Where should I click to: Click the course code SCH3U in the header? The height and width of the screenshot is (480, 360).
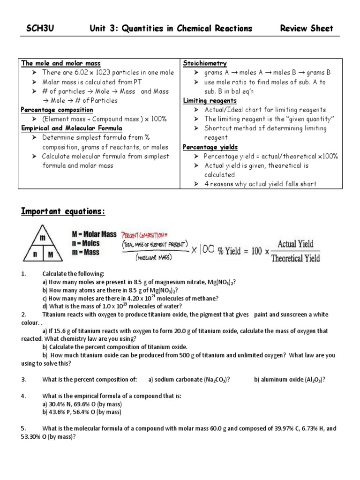(x=40, y=29)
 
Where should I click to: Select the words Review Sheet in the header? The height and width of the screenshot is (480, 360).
(x=307, y=29)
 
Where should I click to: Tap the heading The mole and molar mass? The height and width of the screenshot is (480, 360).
(x=61, y=63)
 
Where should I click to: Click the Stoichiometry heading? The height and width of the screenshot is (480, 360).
(x=205, y=63)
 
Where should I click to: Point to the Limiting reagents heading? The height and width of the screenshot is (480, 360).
(x=210, y=101)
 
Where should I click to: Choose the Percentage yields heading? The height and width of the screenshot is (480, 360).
(x=210, y=147)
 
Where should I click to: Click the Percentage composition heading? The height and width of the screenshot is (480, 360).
(x=57, y=110)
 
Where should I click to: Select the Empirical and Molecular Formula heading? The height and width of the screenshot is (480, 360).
(x=71, y=128)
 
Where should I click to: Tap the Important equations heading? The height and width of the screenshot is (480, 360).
(x=63, y=212)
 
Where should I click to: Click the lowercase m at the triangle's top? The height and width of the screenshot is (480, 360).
(x=43, y=238)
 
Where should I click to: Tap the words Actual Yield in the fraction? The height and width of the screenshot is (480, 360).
(x=295, y=244)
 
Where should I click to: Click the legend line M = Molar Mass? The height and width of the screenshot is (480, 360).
(x=94, y=234)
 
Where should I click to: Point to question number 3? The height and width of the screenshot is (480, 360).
(x=23, y=379)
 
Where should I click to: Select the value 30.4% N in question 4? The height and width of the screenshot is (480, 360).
(x=61, y=404)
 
